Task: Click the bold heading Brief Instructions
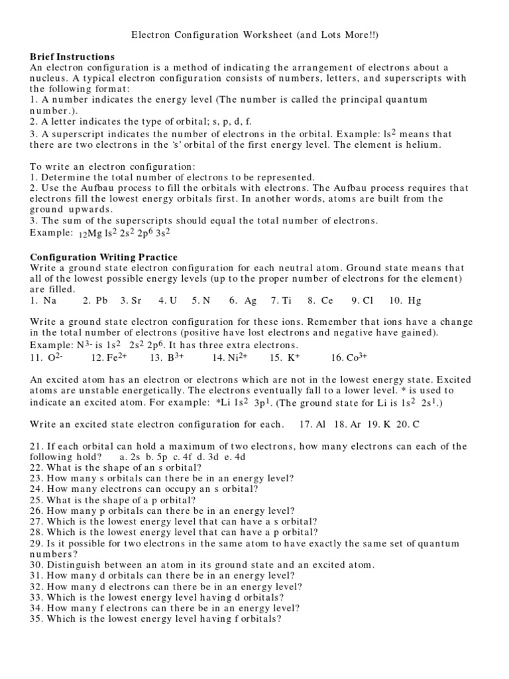[72, 57]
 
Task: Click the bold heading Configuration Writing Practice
[103, 257]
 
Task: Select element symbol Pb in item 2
[101, 300]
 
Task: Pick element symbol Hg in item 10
[414, 300]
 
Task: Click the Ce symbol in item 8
[327, 300]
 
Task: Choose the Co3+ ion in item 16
[354, 357]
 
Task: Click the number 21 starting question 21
[36, 447]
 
